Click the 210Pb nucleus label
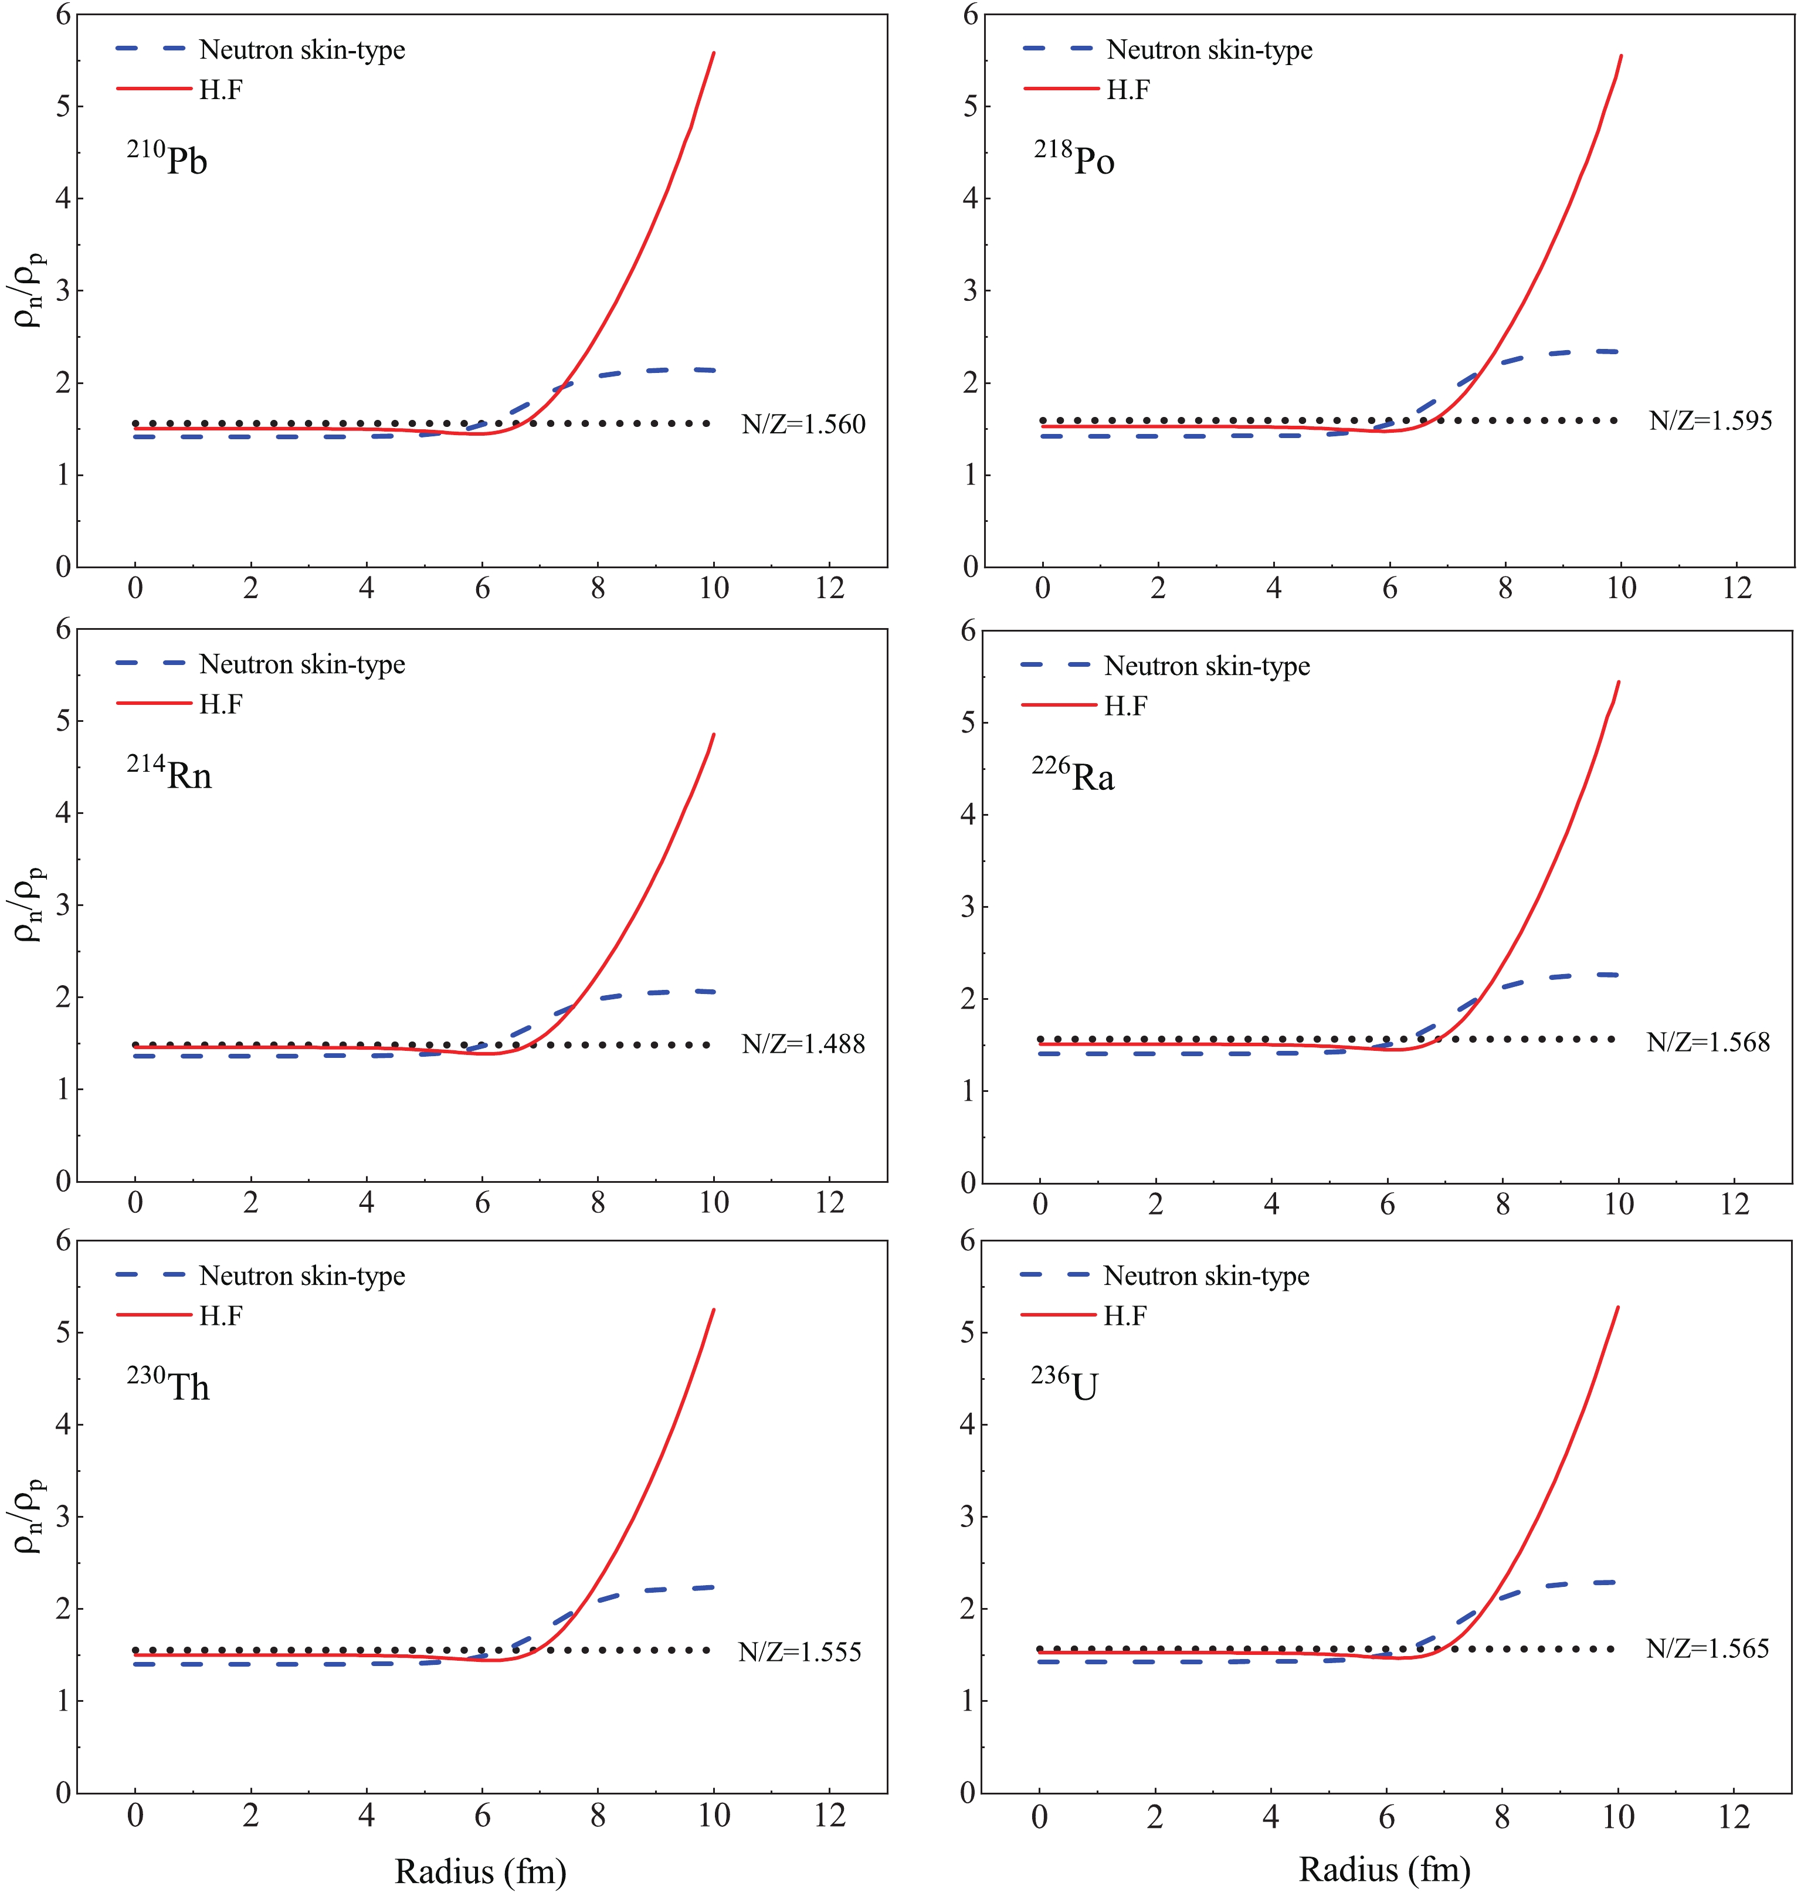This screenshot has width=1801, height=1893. click(x=167, y=158)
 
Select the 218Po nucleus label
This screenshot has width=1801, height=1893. click(x=1074, y=158)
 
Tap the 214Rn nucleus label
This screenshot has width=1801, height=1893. click(x=169, y=773)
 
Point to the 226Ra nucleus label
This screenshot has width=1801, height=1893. click(x=1073, y=775)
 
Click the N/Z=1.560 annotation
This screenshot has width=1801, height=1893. click(x=803, y=425)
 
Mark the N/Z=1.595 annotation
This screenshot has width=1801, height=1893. click(x=1711, y=420)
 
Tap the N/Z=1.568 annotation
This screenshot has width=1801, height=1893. click(x=1708, y=1042)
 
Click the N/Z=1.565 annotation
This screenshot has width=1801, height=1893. click(x=1707, y=1648)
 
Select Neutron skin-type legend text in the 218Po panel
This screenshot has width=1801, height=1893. click(x=1210, y=50)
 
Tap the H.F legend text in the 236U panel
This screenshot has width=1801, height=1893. click(x=1125, y=1316)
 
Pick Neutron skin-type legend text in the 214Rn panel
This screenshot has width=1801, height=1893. click(x=303, y=664)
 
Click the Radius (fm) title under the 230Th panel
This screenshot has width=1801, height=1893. click(x=481, y=1871)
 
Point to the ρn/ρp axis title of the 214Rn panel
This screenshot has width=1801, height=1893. click(x=30, y=903)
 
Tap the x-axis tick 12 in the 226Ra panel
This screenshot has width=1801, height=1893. click(x=1734, y=1204)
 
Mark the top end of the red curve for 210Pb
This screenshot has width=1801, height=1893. click(x=713, y=54)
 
